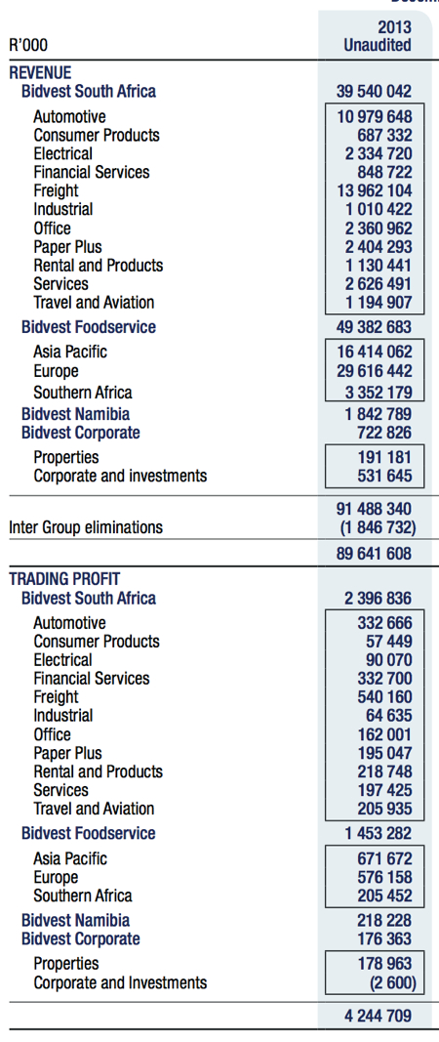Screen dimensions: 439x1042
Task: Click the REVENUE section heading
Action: click(40, 73)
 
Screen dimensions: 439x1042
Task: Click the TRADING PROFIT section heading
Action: click(64, 579)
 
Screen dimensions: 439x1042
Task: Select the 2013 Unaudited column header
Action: click(378, 36)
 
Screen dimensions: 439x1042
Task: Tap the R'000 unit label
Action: click(28, 45)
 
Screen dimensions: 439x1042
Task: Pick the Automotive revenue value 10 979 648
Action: click(374, 117)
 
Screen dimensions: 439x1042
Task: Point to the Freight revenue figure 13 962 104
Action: click(374, 190)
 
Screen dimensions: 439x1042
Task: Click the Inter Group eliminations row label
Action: click(86, 527)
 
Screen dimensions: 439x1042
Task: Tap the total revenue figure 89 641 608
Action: click(374, 554)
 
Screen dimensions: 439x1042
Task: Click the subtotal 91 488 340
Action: click(374, 509)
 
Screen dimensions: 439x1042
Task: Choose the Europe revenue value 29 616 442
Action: click(374, 371)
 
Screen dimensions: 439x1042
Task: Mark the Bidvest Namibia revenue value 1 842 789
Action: click(378, 415)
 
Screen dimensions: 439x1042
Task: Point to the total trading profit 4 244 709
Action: click(378, 1016)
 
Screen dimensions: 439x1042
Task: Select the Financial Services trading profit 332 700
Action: click(384, 679)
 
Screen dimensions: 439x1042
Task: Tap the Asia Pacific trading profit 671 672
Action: click(384, 858)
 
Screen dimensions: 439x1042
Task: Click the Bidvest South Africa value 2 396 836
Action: click(378, 598)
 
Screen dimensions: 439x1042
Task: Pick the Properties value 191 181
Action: click(384, 458)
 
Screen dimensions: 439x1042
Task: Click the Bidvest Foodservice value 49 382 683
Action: click(374, 327)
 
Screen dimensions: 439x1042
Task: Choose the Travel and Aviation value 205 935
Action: click(384, 809)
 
